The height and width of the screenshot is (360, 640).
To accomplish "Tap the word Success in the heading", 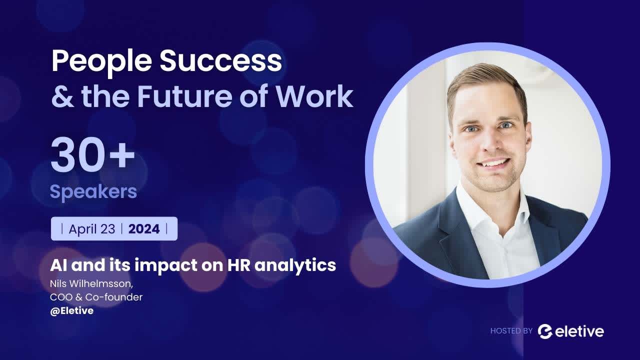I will [x=220, y=61].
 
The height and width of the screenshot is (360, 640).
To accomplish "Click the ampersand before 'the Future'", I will [x=62, y=97].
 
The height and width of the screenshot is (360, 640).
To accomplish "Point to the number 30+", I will [x=92, y=156].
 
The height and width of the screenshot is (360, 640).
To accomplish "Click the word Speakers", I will [x=93, y=191].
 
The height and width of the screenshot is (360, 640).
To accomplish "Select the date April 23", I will [x=91, y=229].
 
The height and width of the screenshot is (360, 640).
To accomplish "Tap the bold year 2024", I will [x=144, y=229].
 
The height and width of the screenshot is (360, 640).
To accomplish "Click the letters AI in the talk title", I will [x=58, y=265].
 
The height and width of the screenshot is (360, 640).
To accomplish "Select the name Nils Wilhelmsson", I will [x=91, y=284].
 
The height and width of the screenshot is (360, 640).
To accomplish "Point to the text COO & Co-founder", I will [x=96, y=297].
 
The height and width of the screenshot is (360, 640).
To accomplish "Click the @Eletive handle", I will [x=71, y=310].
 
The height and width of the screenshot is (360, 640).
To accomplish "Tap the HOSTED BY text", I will [x=511, y=330].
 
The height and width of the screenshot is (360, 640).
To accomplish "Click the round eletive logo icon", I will [x=545, y=331].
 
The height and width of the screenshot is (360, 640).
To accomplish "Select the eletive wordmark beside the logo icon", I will [x=579, y=331].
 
